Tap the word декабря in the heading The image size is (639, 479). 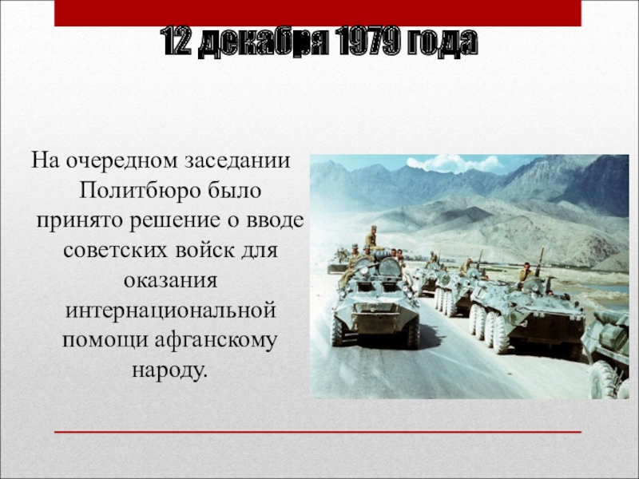263,42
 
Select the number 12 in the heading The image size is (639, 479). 176,42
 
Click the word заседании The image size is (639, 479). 236,161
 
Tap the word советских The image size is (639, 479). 115,250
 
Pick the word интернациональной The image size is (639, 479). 171,311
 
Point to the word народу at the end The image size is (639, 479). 169,371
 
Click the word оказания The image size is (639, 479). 171,281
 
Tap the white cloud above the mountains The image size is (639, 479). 455,164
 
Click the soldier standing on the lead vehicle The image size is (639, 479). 371,236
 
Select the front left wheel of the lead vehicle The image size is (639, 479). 338,330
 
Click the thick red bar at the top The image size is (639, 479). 318,13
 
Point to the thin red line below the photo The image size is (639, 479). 318,432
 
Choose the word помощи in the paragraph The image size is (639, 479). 105,341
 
